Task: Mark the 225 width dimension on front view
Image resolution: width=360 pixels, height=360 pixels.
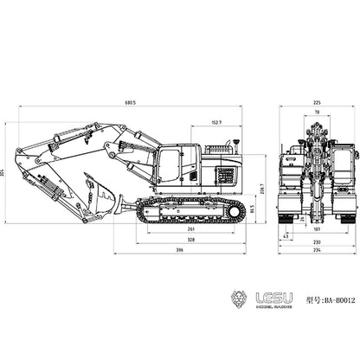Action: pos(317,101)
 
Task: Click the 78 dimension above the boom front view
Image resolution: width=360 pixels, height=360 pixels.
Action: pos(317,112)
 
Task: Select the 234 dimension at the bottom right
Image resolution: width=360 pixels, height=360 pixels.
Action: pos(317,251)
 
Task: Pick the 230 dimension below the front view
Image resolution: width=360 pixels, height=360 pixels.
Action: pos(317,242)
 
